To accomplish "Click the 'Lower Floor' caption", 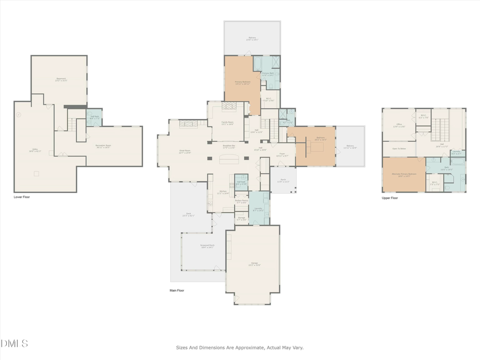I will [x=24, y=197].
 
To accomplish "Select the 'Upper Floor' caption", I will [x=390, y=198].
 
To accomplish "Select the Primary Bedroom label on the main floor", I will [x=242, y=83].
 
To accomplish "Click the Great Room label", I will [x=185, y=151].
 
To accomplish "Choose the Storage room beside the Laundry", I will [x=241, y=218].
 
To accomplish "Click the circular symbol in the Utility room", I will [x=19, y=115].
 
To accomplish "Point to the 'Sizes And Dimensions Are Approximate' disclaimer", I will [x=240, y=347].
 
